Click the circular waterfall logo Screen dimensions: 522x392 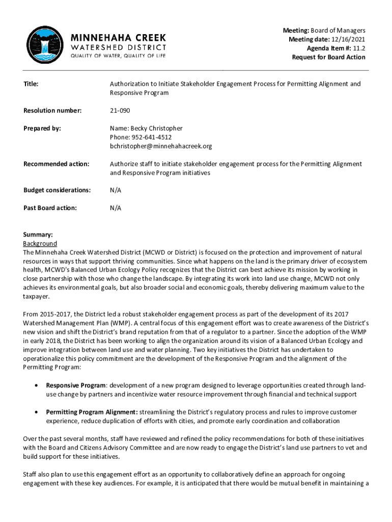[x=45, y=45]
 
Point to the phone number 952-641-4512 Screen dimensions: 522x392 [x=151, y=137]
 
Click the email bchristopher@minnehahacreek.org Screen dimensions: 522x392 [x=161, y=146]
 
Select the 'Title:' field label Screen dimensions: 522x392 [x=31, y=84]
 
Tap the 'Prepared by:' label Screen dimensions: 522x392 [x=42, y=128]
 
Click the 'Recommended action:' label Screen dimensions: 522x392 [x=56, y=164]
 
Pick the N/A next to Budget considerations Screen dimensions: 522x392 [x=116, y=190]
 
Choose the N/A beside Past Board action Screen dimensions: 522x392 [x=116, y=208]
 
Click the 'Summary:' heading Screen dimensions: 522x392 [x=38, y=235]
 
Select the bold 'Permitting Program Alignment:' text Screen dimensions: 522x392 [x=92, y=412]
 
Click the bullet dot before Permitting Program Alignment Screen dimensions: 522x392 [x=36, y=412]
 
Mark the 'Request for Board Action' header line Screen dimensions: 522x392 [x=328, y=57]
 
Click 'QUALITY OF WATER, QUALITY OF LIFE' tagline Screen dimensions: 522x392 [x=118, y=56]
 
